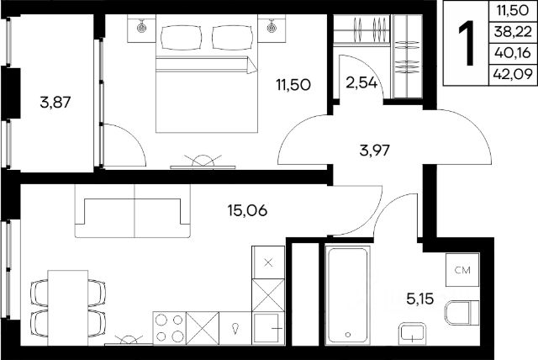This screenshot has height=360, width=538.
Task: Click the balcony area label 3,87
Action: click(55, 103)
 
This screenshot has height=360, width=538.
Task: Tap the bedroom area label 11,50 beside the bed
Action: click(293, 84)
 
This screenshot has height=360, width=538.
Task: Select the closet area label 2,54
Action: click(361, 83)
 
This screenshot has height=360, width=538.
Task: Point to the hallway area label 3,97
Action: click(375, 151)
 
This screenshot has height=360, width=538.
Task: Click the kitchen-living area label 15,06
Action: click(247, 210)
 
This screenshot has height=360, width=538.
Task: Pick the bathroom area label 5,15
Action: click(420, 299)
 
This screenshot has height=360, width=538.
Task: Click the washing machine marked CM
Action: click(462, 270)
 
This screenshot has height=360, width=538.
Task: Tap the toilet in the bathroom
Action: click(462, 313)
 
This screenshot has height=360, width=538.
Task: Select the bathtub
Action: click(347, 295)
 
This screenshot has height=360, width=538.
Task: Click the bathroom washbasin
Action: click(412, 334)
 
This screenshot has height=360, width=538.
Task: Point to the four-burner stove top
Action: click(169, 328)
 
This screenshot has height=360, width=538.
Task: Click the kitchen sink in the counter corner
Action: click(268, 328)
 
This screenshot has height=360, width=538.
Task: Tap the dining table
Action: click(68, 308)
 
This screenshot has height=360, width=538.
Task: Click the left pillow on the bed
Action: click(182, 37)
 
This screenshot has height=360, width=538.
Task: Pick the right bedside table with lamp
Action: click(272, 29)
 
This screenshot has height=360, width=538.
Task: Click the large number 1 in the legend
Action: click(467, 43)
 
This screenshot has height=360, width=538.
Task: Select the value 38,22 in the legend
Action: click(514, 32)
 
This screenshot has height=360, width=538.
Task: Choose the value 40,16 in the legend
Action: click(513, 53)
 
